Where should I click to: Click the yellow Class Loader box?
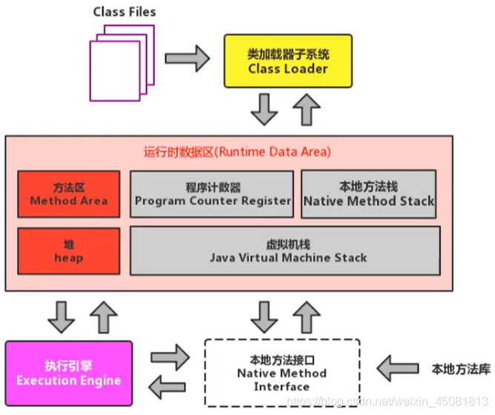point(288,62)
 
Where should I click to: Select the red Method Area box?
point(68,194)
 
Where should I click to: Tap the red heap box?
point(68,250)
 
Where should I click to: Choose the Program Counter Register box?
point(213,194)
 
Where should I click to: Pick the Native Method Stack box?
point(368,194)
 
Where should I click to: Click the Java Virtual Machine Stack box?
point(285,250)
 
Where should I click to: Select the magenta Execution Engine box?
point(68,373)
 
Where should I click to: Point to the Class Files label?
point(124,13)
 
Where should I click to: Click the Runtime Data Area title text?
point(237,152)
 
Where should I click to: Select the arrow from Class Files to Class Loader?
point(187,57)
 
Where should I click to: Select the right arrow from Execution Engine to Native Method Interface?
point(169,357)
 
